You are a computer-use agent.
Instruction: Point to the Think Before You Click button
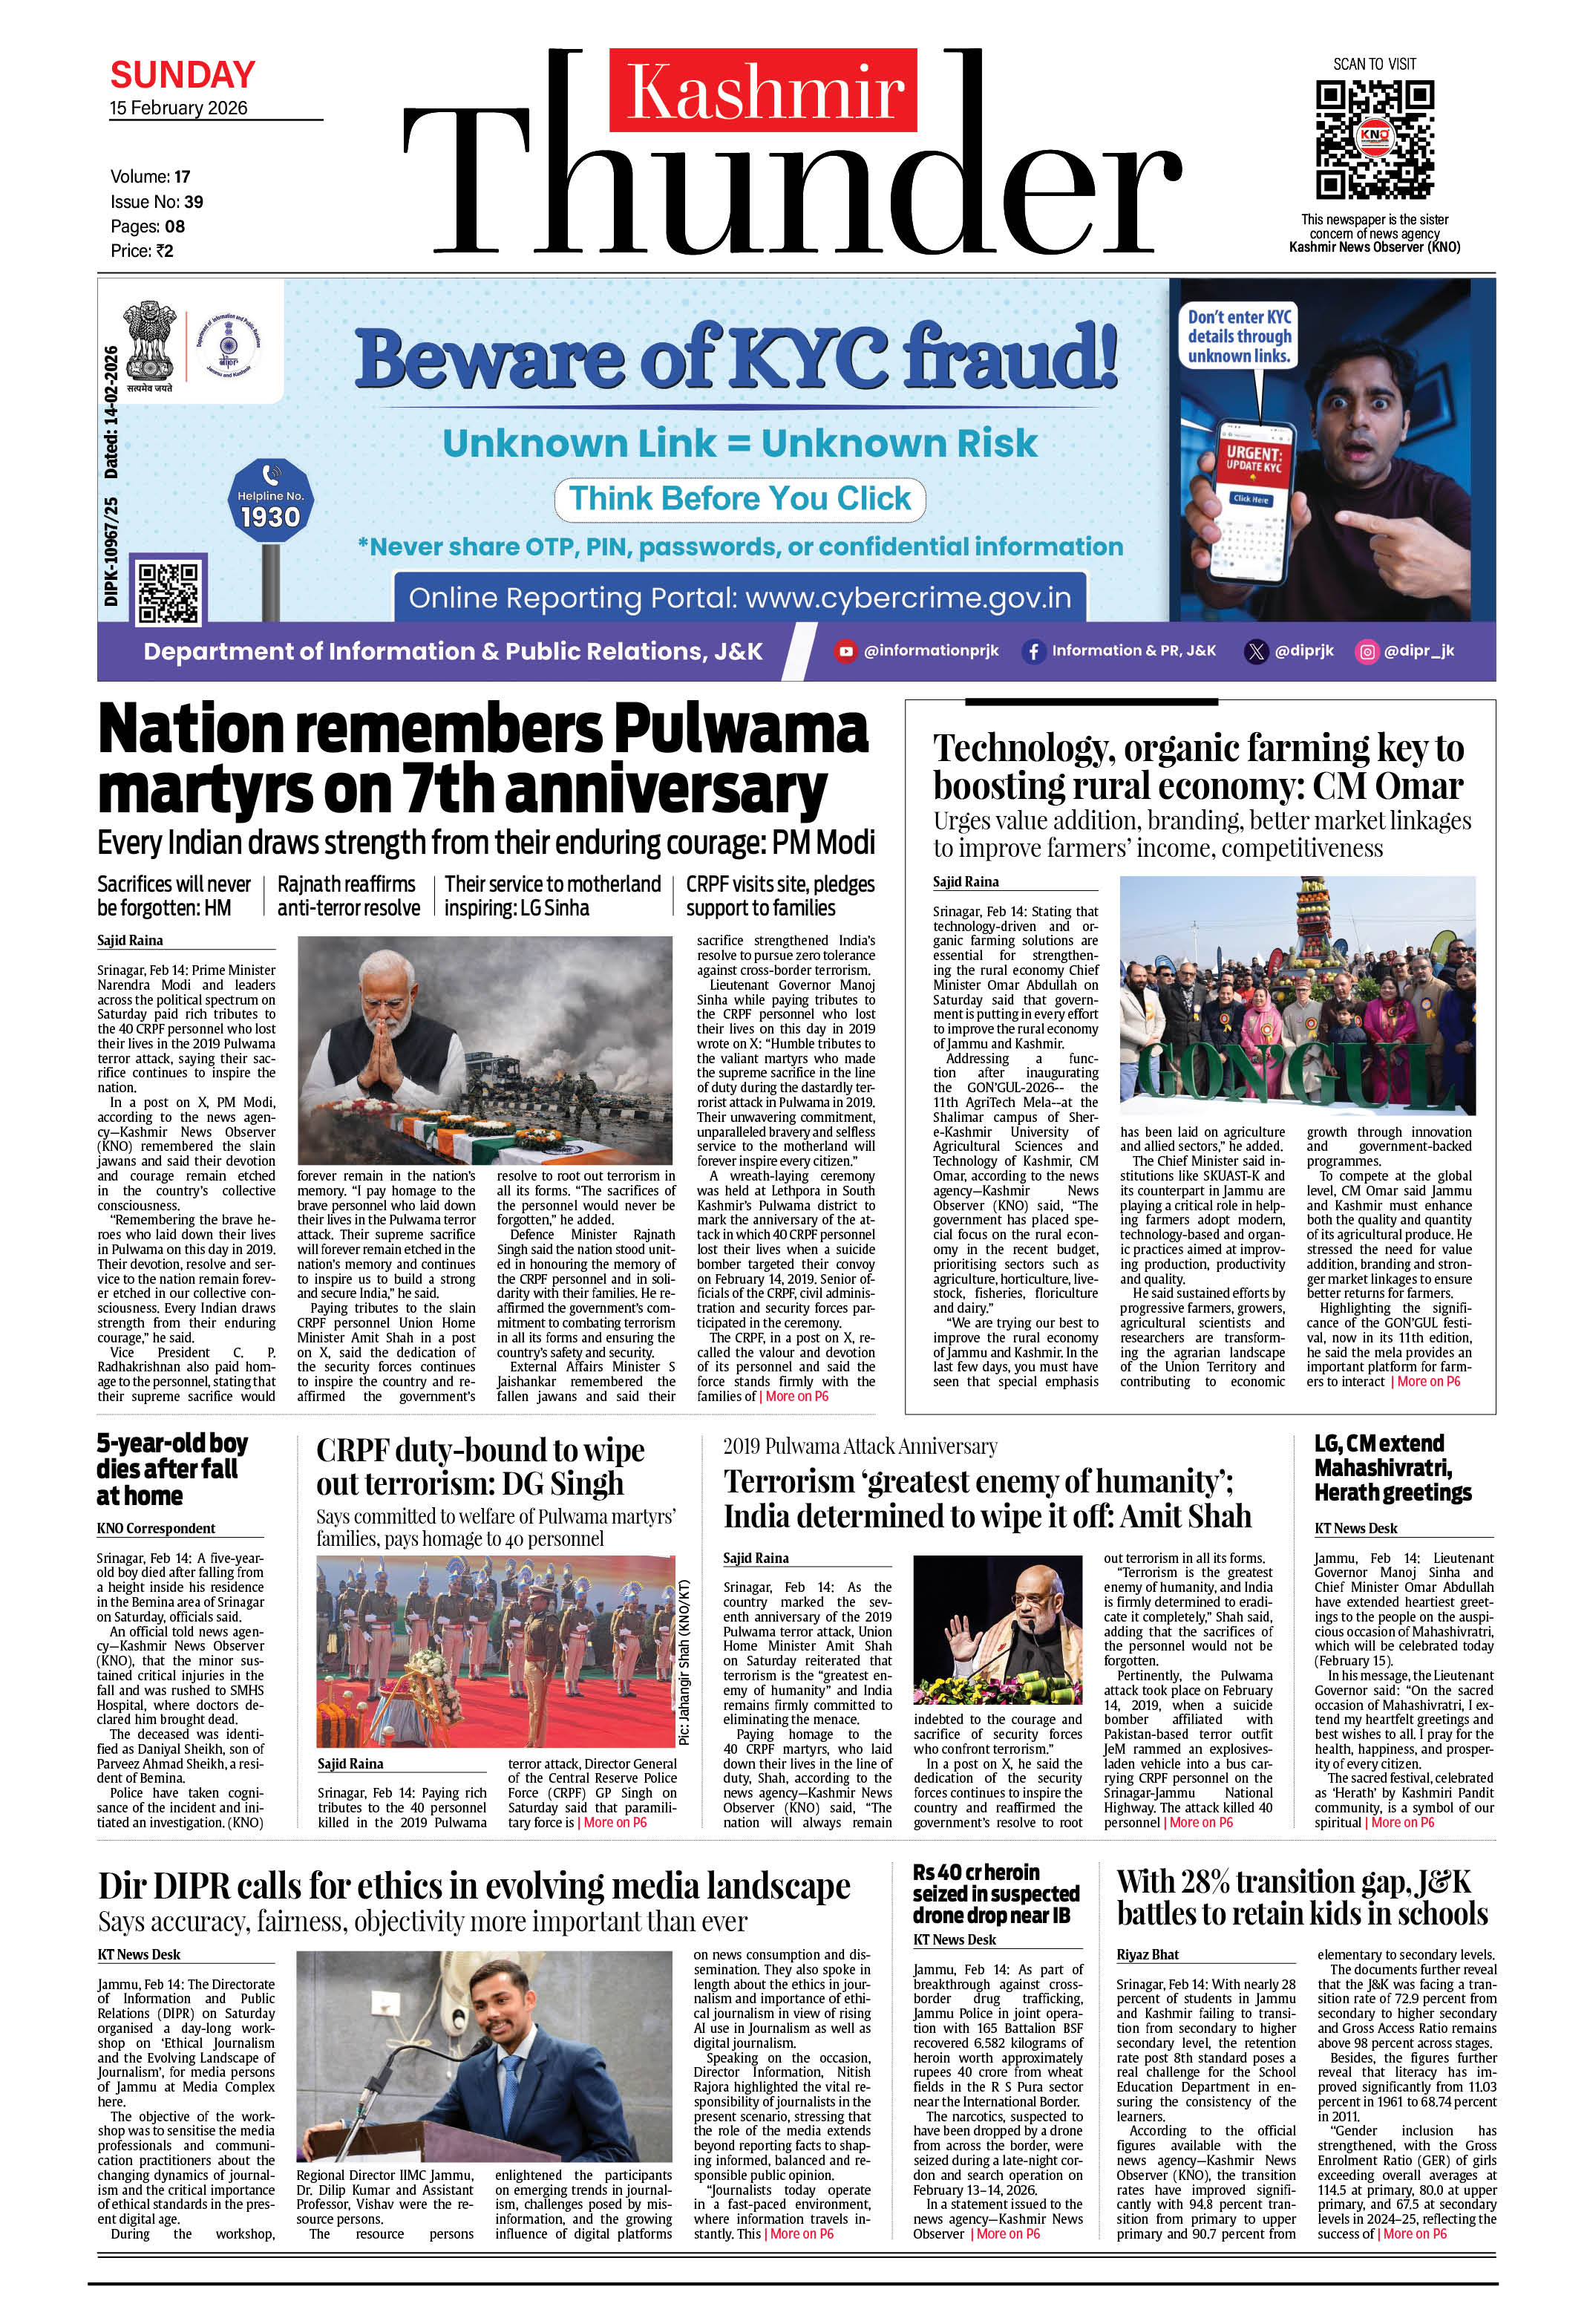[x=740, y=498]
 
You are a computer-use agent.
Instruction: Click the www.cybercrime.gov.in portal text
[x=908, y=598]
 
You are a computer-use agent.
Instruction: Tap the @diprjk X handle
[x=1290, y=651]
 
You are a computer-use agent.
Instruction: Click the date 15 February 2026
[x=178, y=108]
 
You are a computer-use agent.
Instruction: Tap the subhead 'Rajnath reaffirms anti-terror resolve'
[x=348, y=896]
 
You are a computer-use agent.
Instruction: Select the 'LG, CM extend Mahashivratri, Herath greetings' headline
[x=1392, y=1467]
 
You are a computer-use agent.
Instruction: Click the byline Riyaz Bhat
[x=1147, y=1954]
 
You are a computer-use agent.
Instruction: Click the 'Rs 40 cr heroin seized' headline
[x=995, y=1893]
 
